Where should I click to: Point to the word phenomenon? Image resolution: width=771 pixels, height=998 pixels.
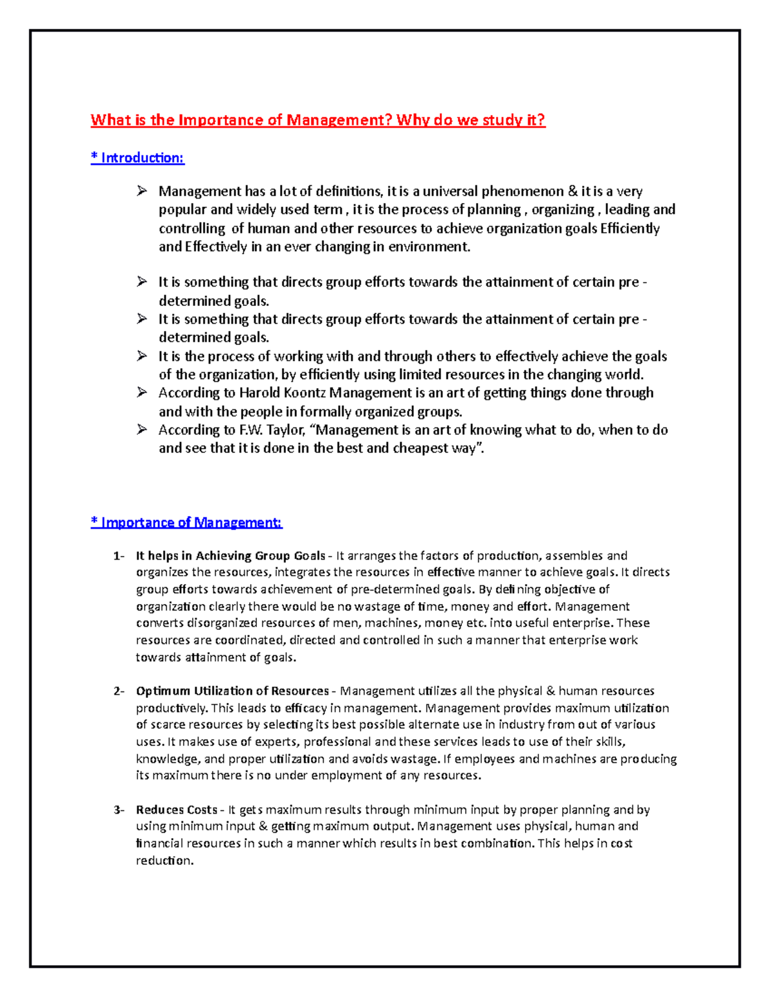tap(522, 192)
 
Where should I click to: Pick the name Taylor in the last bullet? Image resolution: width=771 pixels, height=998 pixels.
tap(289, 430)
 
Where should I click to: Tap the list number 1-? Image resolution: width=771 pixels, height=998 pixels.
tap(118, 557)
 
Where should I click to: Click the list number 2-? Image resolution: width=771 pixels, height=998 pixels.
tap(118, 691)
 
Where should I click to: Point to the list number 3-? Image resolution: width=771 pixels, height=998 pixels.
tap(118, 810)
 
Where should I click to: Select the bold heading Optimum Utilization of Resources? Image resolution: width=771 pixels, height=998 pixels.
tap(232, 691)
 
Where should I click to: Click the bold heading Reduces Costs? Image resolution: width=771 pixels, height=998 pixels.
tap(176, 810)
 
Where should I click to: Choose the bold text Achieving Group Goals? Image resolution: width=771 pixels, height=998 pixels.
tap(260, 557)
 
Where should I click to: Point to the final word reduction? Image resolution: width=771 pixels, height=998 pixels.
tap(164, 860)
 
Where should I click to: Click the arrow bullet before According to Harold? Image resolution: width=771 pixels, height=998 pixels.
tap(142, 393)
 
